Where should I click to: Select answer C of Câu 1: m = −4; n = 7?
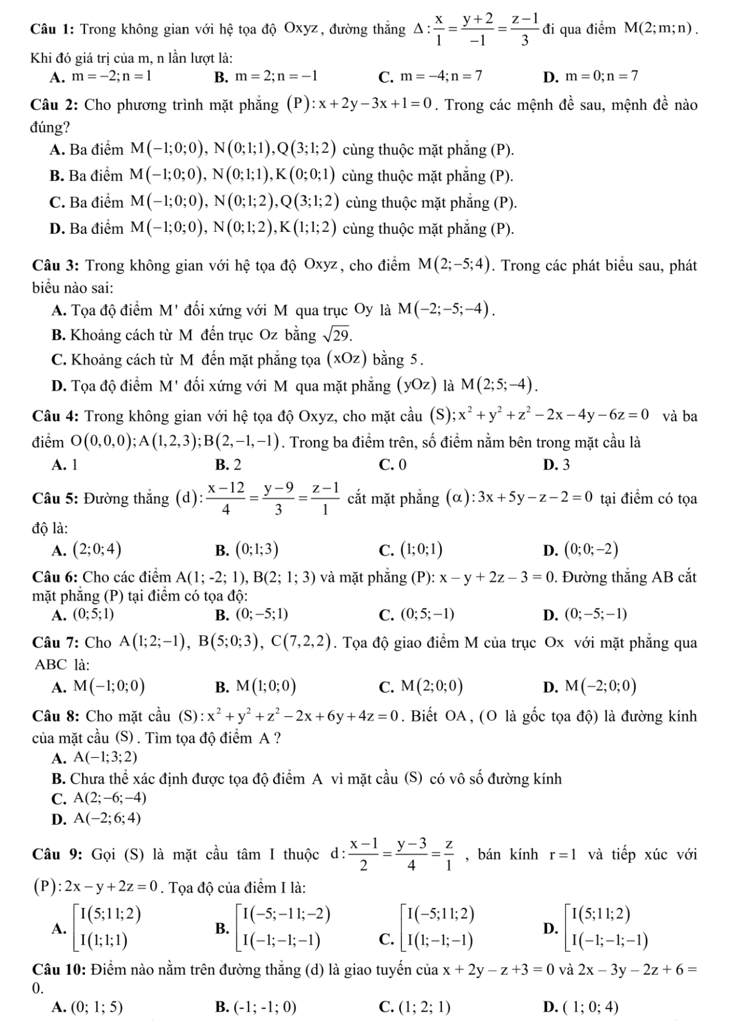pyautogui.click(x=437, y=77)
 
